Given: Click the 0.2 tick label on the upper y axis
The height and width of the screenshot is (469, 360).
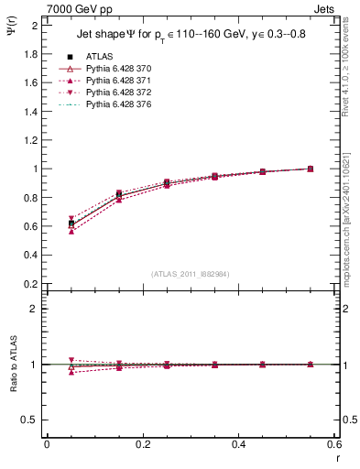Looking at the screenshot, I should pos(30,284).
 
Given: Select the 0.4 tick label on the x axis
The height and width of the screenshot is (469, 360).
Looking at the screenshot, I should pos(239,444).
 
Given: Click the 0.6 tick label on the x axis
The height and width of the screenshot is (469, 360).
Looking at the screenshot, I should pos(335,444).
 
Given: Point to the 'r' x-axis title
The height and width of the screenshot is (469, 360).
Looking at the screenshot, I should pos(337,457).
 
